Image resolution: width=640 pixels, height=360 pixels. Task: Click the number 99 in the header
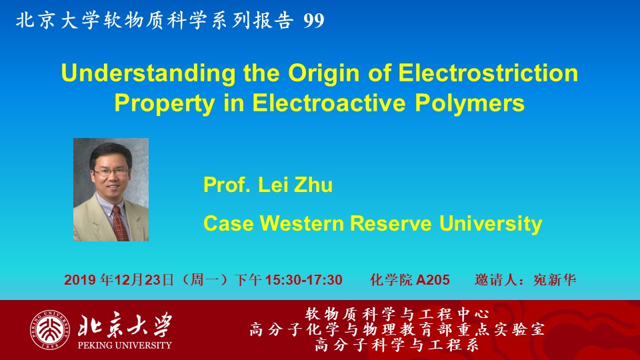314,21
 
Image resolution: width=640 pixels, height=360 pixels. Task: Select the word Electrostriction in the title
488,73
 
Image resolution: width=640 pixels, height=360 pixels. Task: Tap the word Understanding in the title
149,74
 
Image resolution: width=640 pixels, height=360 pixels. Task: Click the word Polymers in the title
470,103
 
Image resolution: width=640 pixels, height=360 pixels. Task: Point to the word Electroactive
329,103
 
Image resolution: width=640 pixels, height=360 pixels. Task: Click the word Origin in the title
324,74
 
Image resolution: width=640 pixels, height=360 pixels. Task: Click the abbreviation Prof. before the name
227,185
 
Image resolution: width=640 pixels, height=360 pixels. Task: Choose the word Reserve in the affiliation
391,224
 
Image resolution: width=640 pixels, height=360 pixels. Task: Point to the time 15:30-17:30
304,280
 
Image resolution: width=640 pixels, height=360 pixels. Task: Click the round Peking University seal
49,330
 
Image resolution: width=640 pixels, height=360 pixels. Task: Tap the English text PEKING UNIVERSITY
125,345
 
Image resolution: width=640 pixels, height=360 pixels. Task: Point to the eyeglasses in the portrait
111,172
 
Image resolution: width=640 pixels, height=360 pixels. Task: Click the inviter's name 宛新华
554,280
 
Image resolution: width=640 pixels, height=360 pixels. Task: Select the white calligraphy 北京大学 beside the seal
125,325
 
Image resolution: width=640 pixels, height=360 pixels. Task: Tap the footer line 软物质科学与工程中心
397,314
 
